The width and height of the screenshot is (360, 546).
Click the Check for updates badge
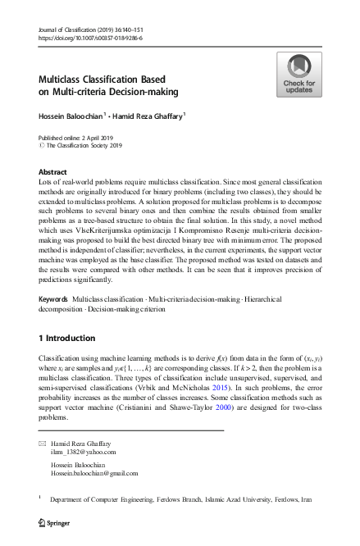(x=298, y=75)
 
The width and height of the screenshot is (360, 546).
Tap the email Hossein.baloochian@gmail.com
(x=94, y=473)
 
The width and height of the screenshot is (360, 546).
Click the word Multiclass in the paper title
(x=65, y=80)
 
